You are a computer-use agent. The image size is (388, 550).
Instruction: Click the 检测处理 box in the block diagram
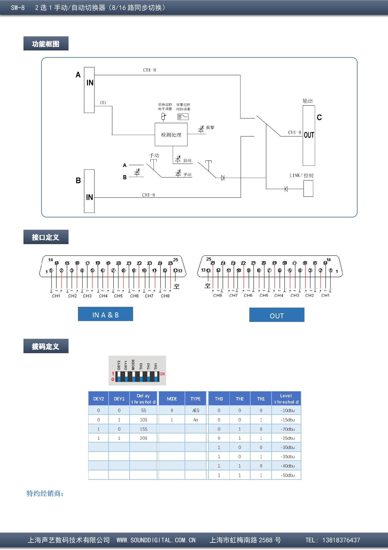click(x=171, y=135)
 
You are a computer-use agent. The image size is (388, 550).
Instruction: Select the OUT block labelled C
click(x=309, y=135)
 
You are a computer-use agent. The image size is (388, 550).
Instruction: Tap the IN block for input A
click(x=89, y=90)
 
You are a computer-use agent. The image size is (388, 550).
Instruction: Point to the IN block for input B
click(x=89, y=191)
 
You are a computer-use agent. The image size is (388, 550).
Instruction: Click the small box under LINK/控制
click(x=308, y=189)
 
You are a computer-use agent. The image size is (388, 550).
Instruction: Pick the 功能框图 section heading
click(x=46, y=44)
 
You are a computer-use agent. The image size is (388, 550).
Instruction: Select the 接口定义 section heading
click(x=46, y=237)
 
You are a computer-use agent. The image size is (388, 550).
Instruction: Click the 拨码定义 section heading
click(x=46, y=346)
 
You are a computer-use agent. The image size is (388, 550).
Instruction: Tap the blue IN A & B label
click(x=105, y=314)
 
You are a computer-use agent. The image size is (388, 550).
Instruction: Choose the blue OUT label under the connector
click(x=277, y=315)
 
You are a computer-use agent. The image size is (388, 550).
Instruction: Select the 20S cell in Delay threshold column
click(x=143, y=438)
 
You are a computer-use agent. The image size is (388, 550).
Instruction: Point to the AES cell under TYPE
click(x=196, y=410)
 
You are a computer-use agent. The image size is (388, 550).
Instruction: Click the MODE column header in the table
click(x=172, y=399)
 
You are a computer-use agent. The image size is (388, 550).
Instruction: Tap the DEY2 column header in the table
click(x=99, y=399)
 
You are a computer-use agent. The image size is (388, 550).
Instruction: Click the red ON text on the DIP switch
click(x=162, y=374)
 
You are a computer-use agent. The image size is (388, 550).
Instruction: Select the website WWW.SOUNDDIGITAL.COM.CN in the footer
click(x=156, y=540)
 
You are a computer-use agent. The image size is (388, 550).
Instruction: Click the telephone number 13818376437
click(x=341, y=540)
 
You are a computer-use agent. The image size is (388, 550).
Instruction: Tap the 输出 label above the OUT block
click(x=308, y=101)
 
